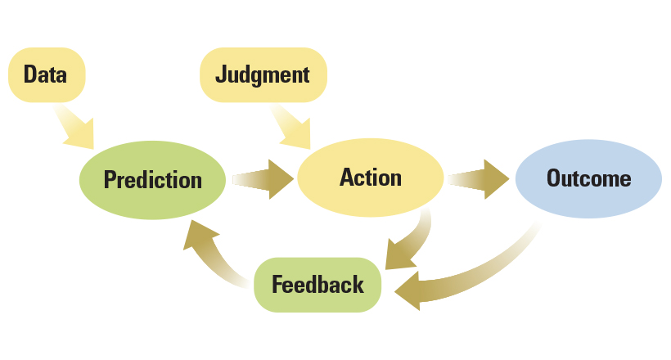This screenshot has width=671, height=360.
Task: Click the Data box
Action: [x=46, y=74]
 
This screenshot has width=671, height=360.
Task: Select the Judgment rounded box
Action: [x=263, y=74]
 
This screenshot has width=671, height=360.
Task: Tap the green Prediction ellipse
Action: [x=153, y=179]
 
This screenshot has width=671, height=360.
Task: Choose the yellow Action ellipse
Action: [x=371, y=178]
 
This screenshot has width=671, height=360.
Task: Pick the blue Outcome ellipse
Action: [x=588, y=178]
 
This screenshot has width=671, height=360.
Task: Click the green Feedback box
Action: [x=317, y=285]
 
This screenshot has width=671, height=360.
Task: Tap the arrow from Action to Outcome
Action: [x=480, y=179]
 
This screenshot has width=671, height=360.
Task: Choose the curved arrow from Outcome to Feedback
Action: [x=475, y=274]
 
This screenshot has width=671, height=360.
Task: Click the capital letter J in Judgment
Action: [x=221, y=74]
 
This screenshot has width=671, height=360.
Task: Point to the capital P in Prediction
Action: [x=110, y=180]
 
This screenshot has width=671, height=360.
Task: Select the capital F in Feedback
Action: [x=277, y=285]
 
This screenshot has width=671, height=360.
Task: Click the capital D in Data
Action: [x=30, y=74]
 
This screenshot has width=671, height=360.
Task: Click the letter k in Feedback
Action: [x=357, y=285]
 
